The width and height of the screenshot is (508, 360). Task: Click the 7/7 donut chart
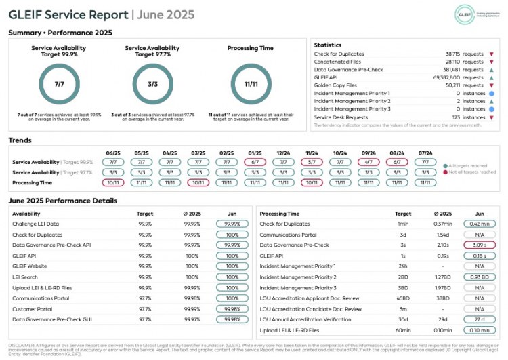(59, 84)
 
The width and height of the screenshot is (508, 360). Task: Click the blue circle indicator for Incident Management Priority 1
(491, 93)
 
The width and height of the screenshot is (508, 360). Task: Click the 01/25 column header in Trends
(255, 153)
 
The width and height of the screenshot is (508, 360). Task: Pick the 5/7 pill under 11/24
(312, 163)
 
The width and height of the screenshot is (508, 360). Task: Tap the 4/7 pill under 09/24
(368, 163)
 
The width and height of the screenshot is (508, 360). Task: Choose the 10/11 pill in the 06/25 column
(114, 183)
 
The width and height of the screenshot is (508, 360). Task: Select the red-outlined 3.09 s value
(479, 245)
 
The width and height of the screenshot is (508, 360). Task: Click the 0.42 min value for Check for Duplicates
(479, 224)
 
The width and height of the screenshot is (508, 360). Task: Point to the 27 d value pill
(479, 319)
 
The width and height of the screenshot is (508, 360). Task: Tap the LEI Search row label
(25, 277)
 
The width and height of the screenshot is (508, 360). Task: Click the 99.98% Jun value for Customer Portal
(232, 308)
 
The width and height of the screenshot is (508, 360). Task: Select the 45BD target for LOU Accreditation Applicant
(403, 298)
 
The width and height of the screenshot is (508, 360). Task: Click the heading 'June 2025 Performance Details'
(63, 201)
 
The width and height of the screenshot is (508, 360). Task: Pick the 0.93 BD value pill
(479, 277)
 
